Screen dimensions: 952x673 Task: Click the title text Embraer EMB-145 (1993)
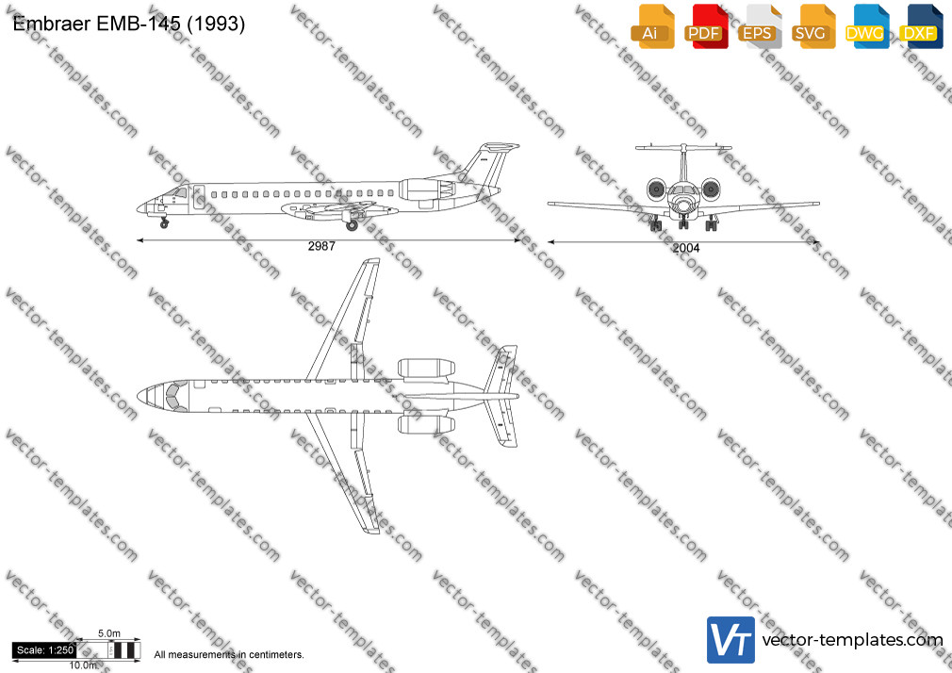pyautogui.click(x=129, y=24)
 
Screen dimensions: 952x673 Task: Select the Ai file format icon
pyautogui.click(x=652, y=26)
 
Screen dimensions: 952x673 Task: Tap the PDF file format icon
pyautogui.click(x=706, y=26)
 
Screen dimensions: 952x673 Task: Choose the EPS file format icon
pyautogui.click(x=760, y=26)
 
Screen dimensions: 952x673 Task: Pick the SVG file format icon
pyautogui.click(x=812, y=26)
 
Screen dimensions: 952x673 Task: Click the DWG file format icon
pyautogui.click(x=867, y=26)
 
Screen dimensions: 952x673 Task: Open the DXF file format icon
pyautogui.click(x=921, y=26)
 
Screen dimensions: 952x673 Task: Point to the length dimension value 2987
pyautogui.click(x=321, y=246)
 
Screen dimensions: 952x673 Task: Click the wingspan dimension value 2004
pyautogui.click(x=686, y=248)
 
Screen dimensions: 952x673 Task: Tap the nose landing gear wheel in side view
pyautogui.click(x=164, y=224)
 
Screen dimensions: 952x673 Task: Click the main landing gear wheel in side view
pyautogui.click(x=352, y=226)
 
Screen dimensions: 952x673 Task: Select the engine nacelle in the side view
pyautogui.click(x=427, y=189)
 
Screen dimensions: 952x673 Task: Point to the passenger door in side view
pyautogui.click(x=198, y=197)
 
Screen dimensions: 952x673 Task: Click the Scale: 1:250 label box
pyautogui.click(x=45, y=650)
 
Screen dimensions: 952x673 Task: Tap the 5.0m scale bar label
pyautogui.click(x=109, y=633)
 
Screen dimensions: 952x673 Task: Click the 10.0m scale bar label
pyautogui.click(x=83, y=665)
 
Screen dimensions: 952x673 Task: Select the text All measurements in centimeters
pyautogui.click(x=229, y=655)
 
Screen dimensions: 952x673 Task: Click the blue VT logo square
pyautogui.click(x=730, y=640)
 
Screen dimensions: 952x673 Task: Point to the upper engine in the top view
pyautogui.click(x=427, y=368)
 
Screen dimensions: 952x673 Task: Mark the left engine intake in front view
pyautogui.click(x=656, y=190)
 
